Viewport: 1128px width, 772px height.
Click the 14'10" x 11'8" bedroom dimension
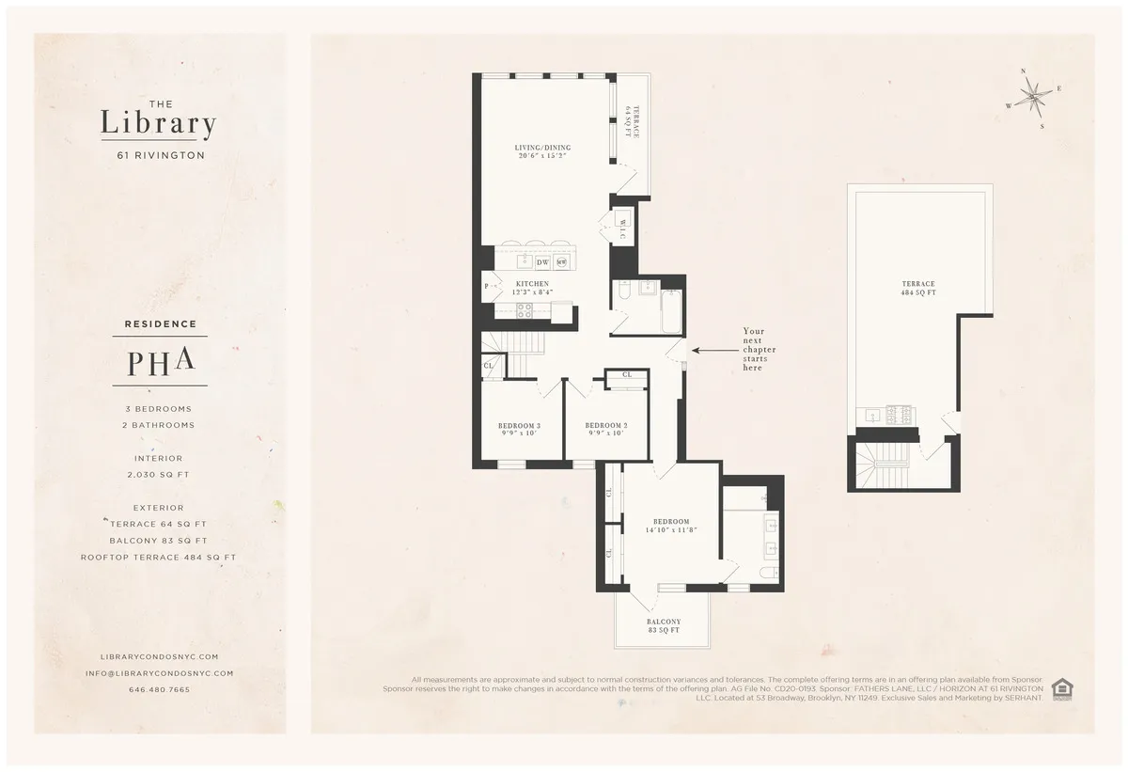coord(671,530)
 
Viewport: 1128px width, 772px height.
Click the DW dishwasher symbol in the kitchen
coord(542,262)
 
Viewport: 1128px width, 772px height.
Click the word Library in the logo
coord(158,122)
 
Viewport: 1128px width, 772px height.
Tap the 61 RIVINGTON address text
coord(158,155)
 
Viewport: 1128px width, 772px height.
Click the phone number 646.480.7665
coord(159,689)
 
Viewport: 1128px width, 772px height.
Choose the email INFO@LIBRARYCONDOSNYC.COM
coord(159,673)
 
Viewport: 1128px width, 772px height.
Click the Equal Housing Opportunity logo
coord(1062,688)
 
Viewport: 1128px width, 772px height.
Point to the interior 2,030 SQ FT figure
coord(158,475)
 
